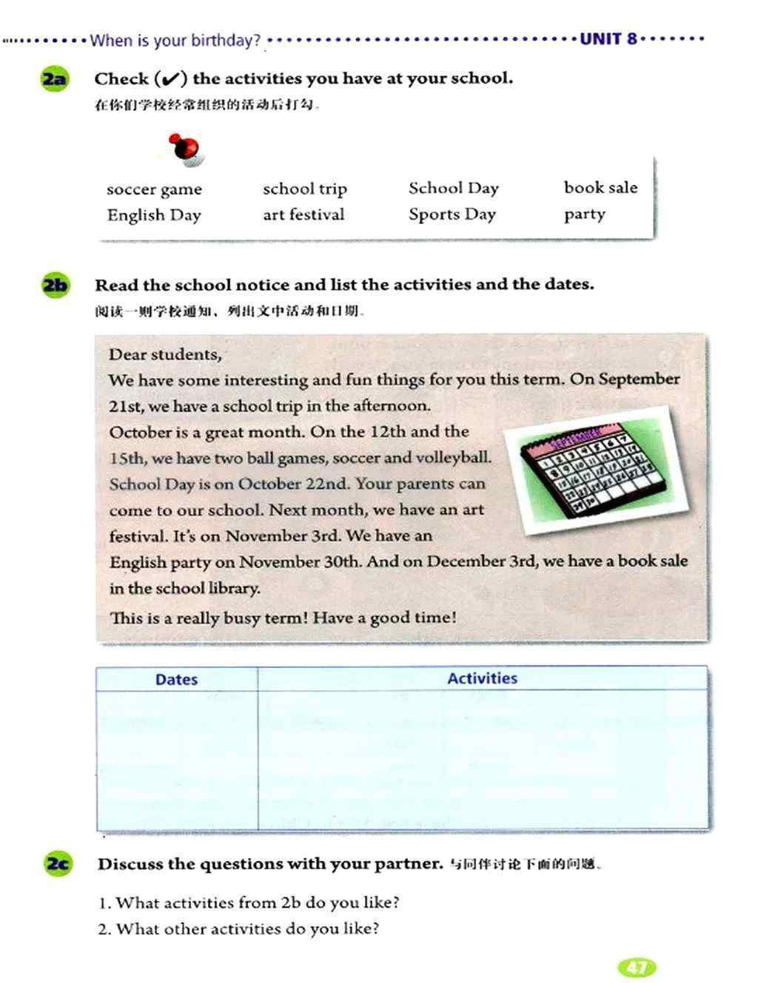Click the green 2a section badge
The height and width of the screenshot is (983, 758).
[x=54, y=79]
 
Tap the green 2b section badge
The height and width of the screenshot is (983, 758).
[x=55, y=286]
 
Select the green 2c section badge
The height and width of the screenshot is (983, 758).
[x=58, y=864]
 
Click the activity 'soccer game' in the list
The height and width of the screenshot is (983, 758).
[x=154, y=189]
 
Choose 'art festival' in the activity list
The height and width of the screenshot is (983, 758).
[x=303, y=215]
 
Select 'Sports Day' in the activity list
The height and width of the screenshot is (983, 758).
[x=452, y=214]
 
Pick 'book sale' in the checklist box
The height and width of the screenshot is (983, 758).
[x=600, y=188]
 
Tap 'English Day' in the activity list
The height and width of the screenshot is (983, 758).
[x=154, y=215]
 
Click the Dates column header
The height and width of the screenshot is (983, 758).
[x=176, y=680]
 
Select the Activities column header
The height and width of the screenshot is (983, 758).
[x=482, y=678]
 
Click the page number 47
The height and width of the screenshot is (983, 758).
[x=637, y=967]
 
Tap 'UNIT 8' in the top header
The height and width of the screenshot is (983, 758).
[x=608, y=39]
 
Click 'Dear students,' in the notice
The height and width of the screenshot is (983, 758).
[x=165, y=354]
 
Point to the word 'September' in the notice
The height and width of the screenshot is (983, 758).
[x=639, y=379]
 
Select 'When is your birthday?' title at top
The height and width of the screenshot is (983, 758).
[x=175, y=41]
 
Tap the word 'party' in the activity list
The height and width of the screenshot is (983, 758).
[x=584, y=214]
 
